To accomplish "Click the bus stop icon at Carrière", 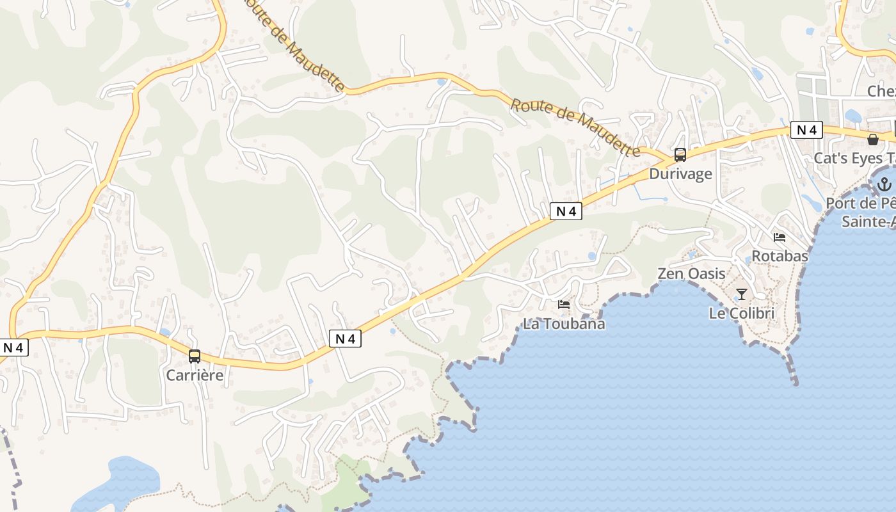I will (195, 356).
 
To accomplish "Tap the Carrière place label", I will (195, 375).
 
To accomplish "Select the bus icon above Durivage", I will (680, 155).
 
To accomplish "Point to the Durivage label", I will (680, 174).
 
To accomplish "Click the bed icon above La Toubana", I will (564, 305).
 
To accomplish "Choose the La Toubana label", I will (564, 324).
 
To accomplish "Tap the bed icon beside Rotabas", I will (780, 237).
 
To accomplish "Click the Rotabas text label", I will (780, 256).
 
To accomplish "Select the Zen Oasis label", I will (691, 274).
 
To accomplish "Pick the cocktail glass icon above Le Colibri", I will (742, 294).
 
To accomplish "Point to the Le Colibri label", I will (742, 314).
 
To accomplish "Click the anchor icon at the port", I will (884, 185).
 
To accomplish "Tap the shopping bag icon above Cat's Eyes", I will (873, 140).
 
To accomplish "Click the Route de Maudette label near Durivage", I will (575, 127).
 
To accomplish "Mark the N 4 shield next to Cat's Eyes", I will (806, 131).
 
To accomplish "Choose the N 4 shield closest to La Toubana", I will (566, 211).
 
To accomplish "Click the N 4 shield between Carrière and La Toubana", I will (345, 339).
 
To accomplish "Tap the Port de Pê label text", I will (861, 204).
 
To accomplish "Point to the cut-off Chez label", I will (881, 92).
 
